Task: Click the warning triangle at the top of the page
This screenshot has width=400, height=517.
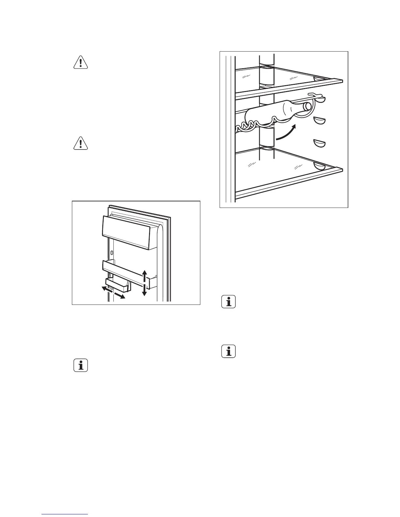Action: pos(80,62)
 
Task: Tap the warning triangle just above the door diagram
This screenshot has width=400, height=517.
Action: pos(80,143)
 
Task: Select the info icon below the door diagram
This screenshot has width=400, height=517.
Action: pos(80,365)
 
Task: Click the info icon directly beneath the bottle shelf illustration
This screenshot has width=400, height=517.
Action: pos(228,302)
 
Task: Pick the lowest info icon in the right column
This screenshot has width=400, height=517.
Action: pos(228,352)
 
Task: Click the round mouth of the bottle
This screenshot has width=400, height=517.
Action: pos(308,106)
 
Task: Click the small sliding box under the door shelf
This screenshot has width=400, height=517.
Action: pos(118,285)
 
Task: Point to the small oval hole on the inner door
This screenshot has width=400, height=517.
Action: pos(112,253)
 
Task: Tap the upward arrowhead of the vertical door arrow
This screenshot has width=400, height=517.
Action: pos(144,272)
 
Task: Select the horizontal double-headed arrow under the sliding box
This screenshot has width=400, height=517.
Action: pos(113,292)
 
